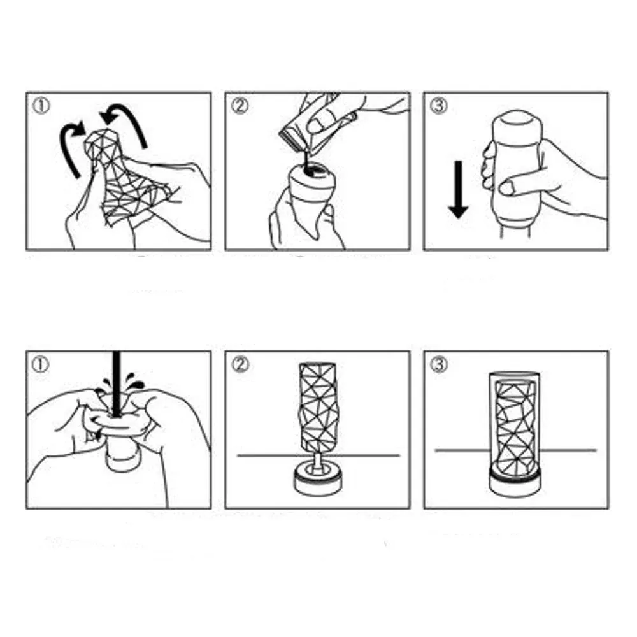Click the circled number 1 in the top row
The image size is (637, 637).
[41, 106]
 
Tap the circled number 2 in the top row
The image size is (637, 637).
[240, 106]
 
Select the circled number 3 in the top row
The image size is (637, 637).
[438, 106]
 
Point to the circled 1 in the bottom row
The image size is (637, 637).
[41, 365]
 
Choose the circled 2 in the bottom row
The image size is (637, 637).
[240, 365]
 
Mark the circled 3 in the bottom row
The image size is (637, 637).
[438, 365]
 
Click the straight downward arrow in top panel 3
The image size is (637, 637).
[458, 190]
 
